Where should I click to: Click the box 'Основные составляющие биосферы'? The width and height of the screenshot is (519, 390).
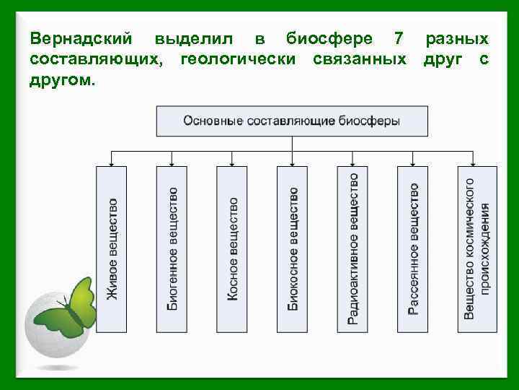pyautogui.click(x=292, y=121)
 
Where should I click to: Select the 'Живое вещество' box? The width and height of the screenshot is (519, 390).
pyautogui.click(x=111, y=249)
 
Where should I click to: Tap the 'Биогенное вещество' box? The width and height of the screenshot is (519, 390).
pyautogui.click(x=172, y=249)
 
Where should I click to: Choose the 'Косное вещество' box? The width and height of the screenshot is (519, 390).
pyautogui.click(x=232, y=249)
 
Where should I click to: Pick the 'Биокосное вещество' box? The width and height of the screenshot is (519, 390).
pyautogui.click(x=292, y=249)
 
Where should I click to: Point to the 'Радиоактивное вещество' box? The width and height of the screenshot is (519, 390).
pyautogui.click(x=352, y=249)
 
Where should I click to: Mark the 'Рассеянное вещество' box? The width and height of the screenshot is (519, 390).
pyautogui.click(x=412, y=249)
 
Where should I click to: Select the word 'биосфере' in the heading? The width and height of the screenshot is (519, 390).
pyautogui.click(x=329, y=38)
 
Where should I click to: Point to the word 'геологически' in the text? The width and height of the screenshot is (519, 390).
pyautogui.click(x=238, y=58)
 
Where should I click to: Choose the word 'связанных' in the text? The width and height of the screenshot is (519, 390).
pyautogui.click(x=360, y=58)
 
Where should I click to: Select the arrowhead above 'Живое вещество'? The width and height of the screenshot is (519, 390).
pyautogui.click(x=111, y=163)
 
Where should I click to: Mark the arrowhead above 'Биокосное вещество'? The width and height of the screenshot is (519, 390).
pyautogui.click(x=292, y=163)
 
